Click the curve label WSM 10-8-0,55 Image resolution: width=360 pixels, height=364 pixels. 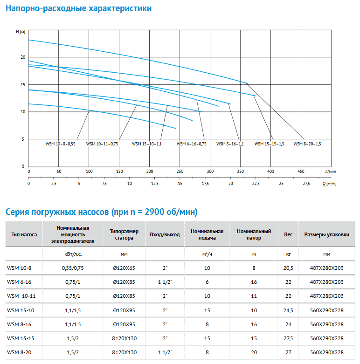(x=60, y=144)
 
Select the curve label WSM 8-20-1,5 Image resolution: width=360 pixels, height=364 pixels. (x=307, y=144)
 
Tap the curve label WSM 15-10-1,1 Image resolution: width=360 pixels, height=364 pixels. (x=147, y=144)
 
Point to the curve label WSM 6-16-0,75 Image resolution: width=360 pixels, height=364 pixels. (x=191, y=144)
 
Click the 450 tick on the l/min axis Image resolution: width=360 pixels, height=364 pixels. (x=301, y=172)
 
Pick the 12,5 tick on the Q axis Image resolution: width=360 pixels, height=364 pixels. (x=155, y=183)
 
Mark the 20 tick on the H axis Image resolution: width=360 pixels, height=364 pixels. (x=23, y=57)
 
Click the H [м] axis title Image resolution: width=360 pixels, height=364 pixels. (x=21, y=32)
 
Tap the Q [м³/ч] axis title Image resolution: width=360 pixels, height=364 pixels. (x=329, y=184)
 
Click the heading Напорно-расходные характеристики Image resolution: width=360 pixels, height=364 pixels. (x=78, y=8)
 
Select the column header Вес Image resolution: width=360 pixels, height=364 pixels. (x=288, y=234)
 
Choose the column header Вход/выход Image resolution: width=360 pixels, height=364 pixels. (x=165, y=234)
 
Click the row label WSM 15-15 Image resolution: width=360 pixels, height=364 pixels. (x=21, y=338)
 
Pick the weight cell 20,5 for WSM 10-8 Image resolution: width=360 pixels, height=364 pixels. (x=288, y=268)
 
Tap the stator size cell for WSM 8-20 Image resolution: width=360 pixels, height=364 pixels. (x=124, y=352)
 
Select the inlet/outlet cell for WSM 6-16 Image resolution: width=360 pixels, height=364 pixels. (x=165, y=282)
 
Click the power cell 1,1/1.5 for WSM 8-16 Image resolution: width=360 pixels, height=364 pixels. (x=73, y=324)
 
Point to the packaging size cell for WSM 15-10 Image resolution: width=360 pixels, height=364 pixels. (x=326, y=310)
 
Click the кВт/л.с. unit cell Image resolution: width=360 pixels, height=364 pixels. (x=73, y=254)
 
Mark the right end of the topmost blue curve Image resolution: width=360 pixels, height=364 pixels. (x=248, y=83)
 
